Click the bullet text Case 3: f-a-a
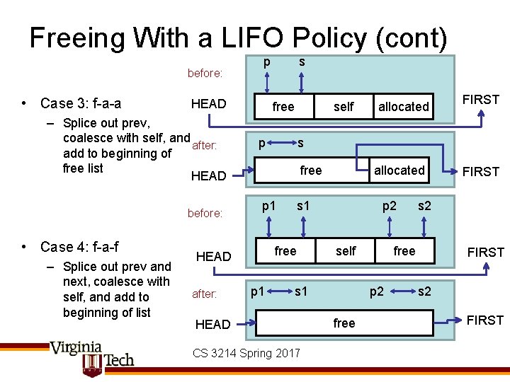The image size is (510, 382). [81, 103]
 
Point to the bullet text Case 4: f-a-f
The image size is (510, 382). [79, 247]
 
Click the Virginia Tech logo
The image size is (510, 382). [91, 357]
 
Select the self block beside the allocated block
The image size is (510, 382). [344, 107]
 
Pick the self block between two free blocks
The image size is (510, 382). [346, 251]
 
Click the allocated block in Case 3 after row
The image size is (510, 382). [399, 170]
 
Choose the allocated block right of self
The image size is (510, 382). [403, 107]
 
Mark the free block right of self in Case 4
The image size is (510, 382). [404, 251]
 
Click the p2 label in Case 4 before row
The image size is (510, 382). [390, 206]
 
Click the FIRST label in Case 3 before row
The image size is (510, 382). [481, 100]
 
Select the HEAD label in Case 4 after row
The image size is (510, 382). [212, 324]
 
